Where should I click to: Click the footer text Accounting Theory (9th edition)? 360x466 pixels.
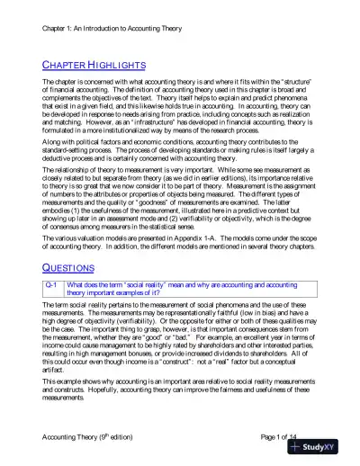point(94,436)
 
